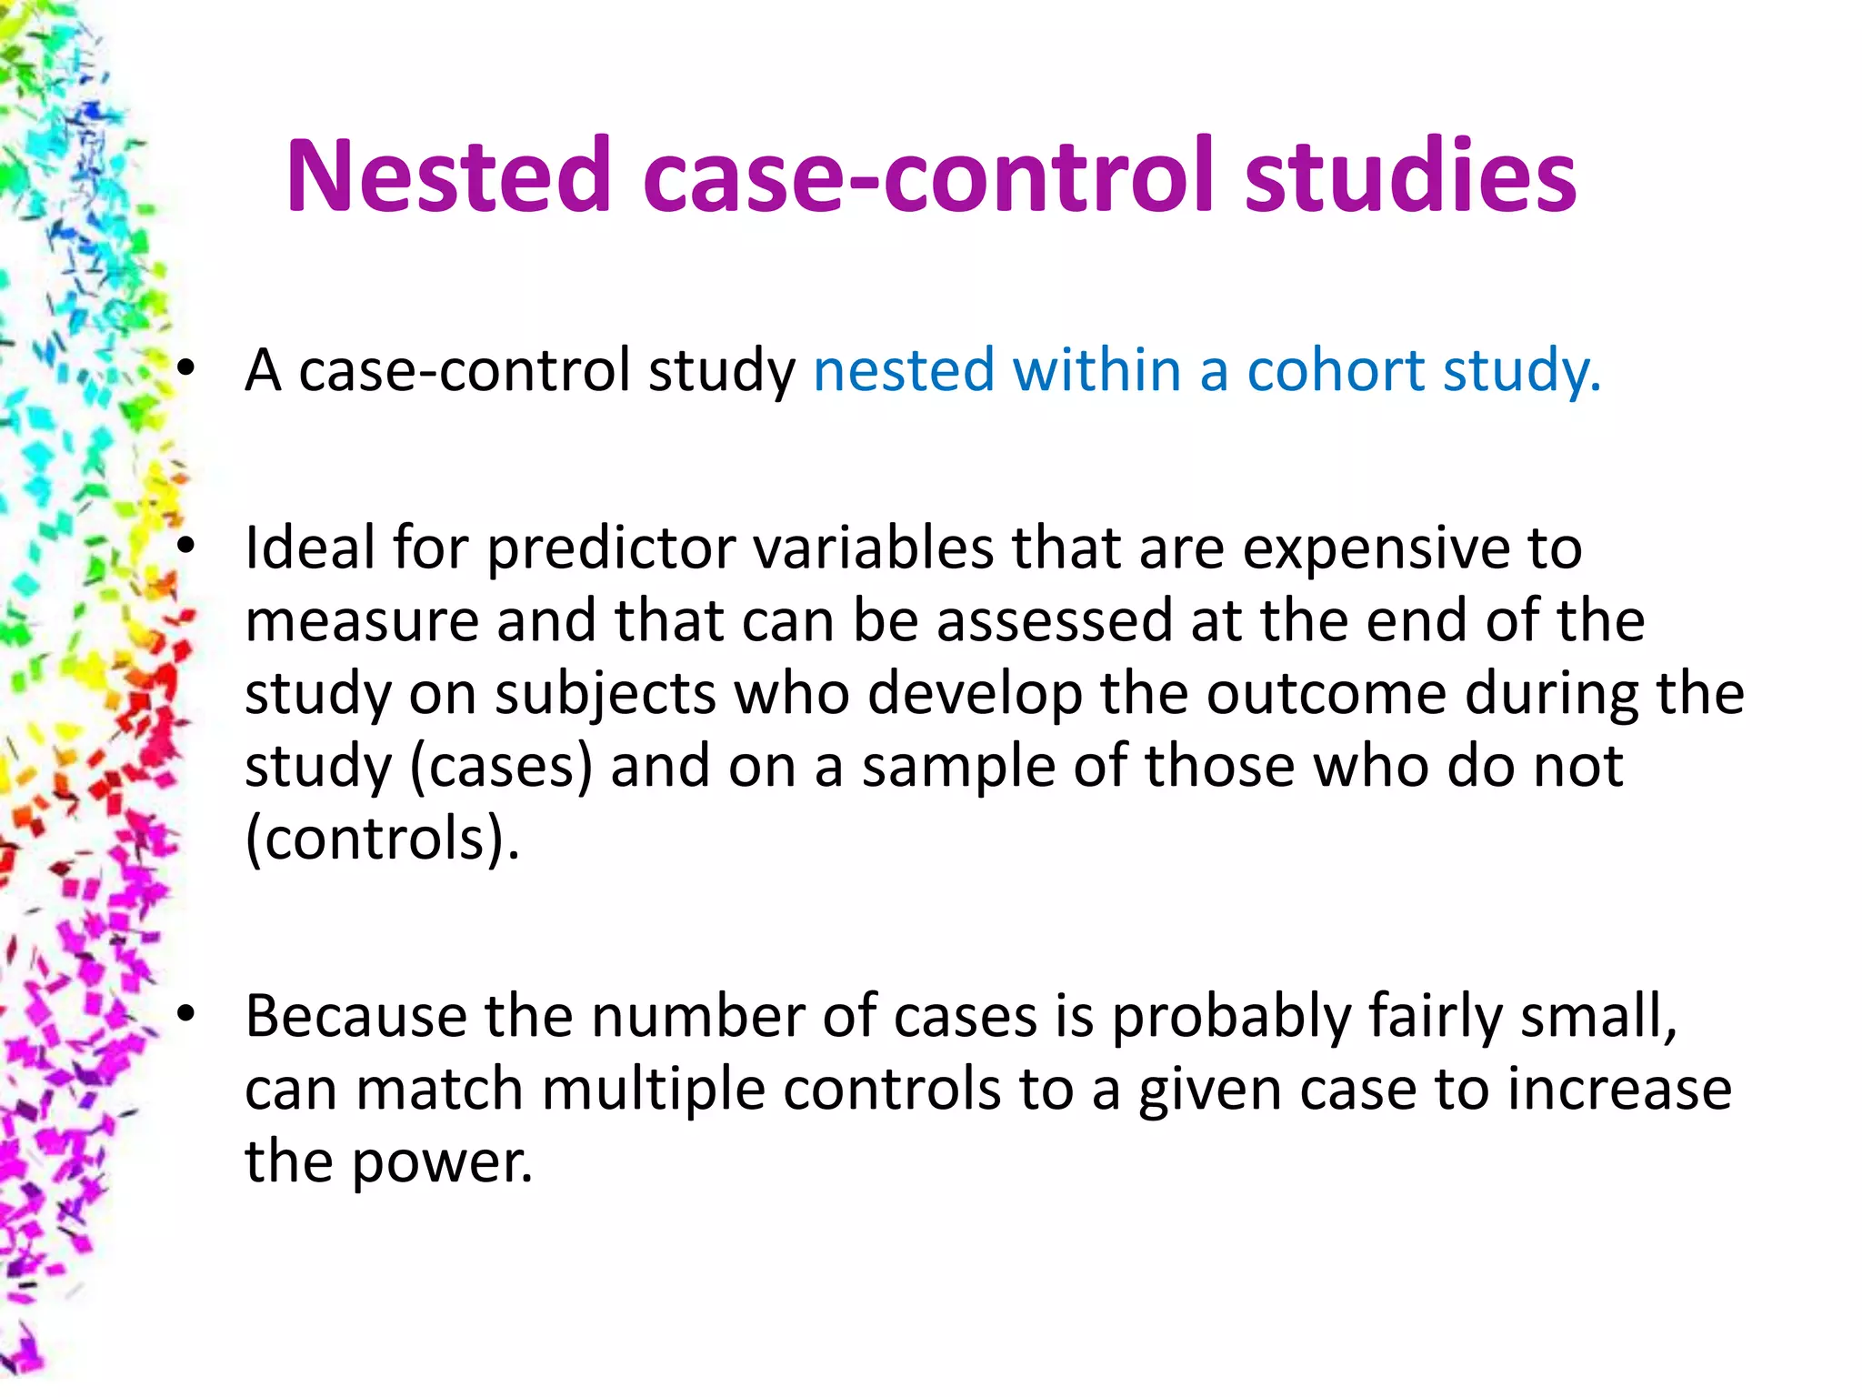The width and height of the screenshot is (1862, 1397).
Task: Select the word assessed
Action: pyautogui.click(x=1055, y=622)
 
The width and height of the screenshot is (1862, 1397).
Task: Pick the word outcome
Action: pyautogui.click(x=1326, y=694)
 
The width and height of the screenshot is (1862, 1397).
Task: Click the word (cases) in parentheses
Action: pyautogui.click(x=501, y=768)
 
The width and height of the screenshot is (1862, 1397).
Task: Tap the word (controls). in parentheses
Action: pyautogui.click(x=383, y=839)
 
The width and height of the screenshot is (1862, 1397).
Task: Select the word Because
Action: pyautogui.click(x=355, y=1017)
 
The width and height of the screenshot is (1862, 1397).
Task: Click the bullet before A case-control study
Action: pyautogui.click(x=186, y=371)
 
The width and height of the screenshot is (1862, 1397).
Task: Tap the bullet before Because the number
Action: pyautogui.click(x=186, y=1017)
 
